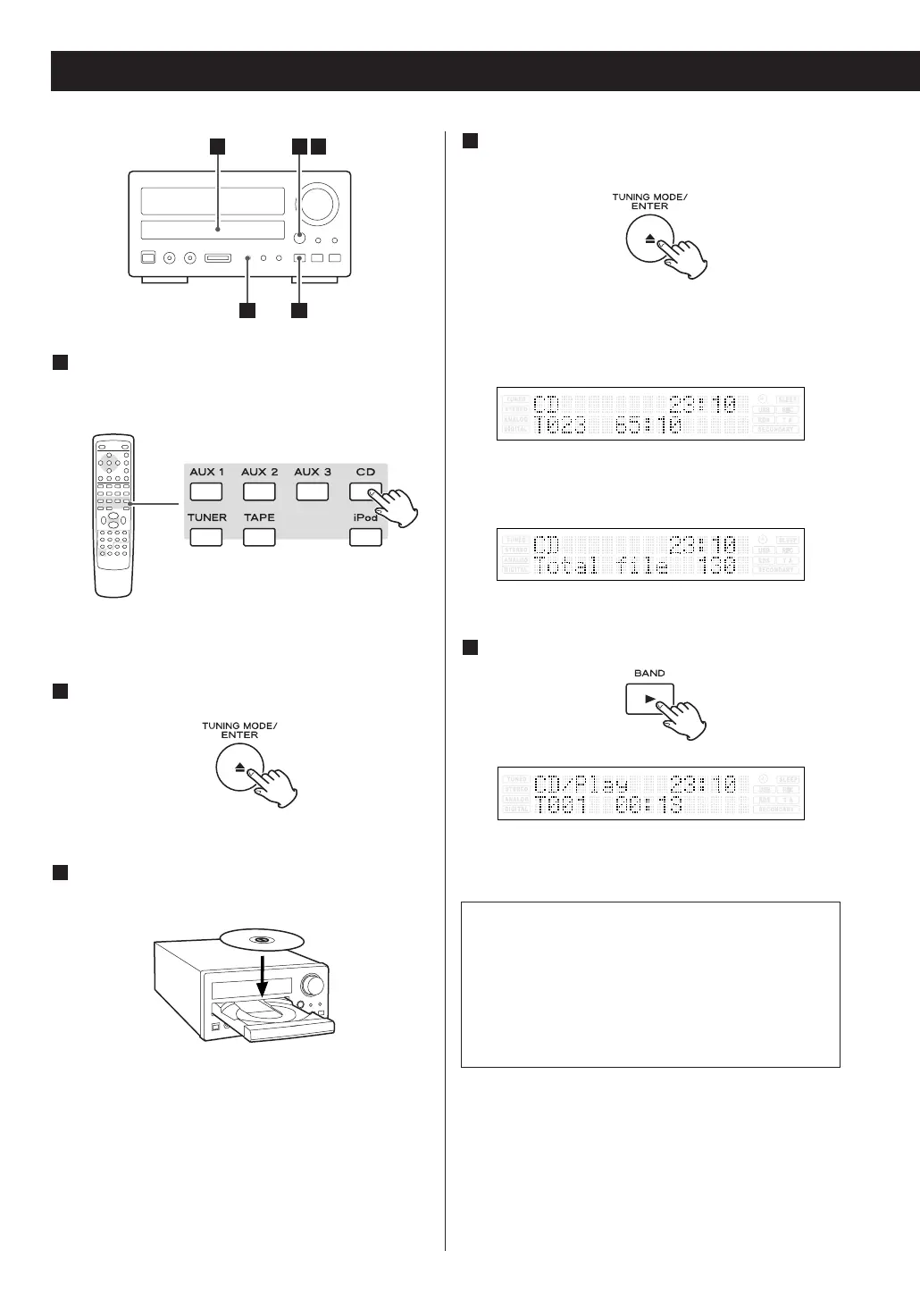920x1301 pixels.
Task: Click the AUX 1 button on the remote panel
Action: [x=206, y=491]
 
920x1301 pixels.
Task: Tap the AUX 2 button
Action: [x=259, y=491]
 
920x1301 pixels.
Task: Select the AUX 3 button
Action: [x=312, y=491]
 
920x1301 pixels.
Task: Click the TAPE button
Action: [x=259, y=537]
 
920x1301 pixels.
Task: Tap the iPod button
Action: [x=365, y=537]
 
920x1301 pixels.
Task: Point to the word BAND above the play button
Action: [x=649, y=673]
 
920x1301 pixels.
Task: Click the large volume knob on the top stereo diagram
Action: [x=320, y=204]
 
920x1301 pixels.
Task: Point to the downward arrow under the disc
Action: [x=262, y=977]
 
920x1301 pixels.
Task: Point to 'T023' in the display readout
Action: [x=560, y=425]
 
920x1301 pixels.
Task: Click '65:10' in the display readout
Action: [x=648, y=425]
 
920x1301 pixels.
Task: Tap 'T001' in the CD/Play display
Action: [x=560, y=806]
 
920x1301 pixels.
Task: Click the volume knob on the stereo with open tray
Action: [x=313, y=986]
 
